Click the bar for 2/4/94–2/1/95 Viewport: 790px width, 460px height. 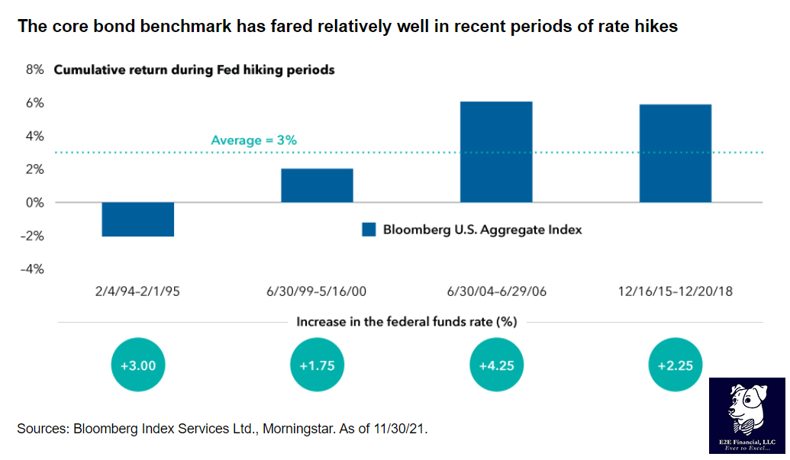[x=137, y=220]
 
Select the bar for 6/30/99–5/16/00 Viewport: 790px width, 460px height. [x=317, y=185]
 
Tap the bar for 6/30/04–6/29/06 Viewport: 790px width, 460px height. [x=496, y=152]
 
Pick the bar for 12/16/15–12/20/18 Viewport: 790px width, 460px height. [x=676, y=153]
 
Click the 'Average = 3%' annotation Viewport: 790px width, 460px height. [x=253, y=140]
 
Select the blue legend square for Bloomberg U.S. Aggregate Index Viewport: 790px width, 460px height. [x=369, y=229]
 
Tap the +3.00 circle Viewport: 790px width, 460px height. [x=138, y=365]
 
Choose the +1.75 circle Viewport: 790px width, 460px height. [x=318, y=365]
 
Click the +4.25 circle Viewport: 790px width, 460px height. [x=496, y=365]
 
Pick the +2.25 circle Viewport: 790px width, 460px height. [x=676, y=365]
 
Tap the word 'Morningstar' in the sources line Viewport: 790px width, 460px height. [x=295, y=429]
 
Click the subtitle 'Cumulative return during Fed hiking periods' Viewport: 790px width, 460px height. [x=194, y=70]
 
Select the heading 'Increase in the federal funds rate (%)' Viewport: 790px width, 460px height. [x=407, y=322]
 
